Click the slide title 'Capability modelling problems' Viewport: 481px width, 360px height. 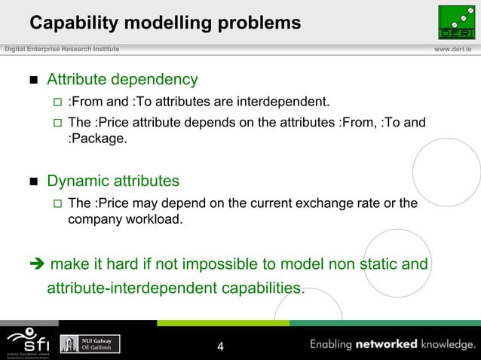pyautogui.click(x=165, y=23)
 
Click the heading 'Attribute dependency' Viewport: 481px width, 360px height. pyautogui.click(x=122, y=79)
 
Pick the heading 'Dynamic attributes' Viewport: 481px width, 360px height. pyautogui.click(x=113, y=181)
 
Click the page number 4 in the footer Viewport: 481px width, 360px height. pyautogui.click(x=220, y=346)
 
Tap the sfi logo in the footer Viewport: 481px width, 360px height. pyautogui.click(x=27, y=343)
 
